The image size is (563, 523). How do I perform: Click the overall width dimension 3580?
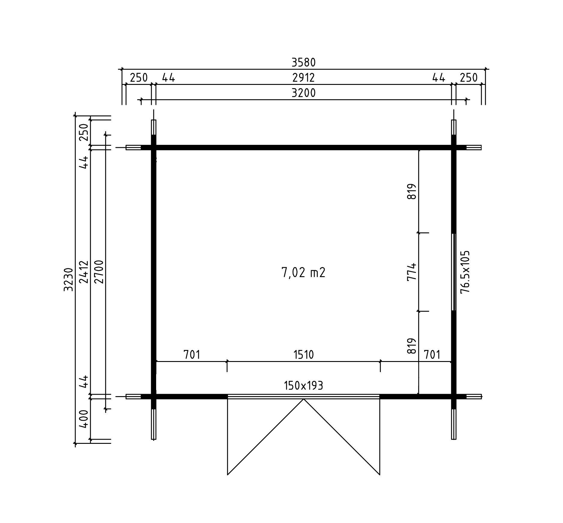304,62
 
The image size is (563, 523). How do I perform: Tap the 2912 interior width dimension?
304,78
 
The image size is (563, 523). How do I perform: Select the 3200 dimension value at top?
304,93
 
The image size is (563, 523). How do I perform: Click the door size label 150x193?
304,385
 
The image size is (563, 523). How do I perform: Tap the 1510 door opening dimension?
304,355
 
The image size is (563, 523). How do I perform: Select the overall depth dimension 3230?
69,279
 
